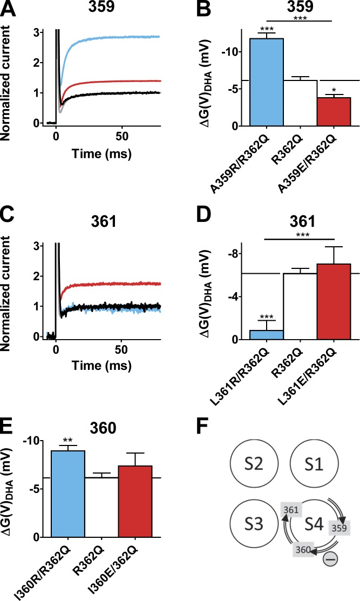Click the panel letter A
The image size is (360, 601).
click(9, 10)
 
